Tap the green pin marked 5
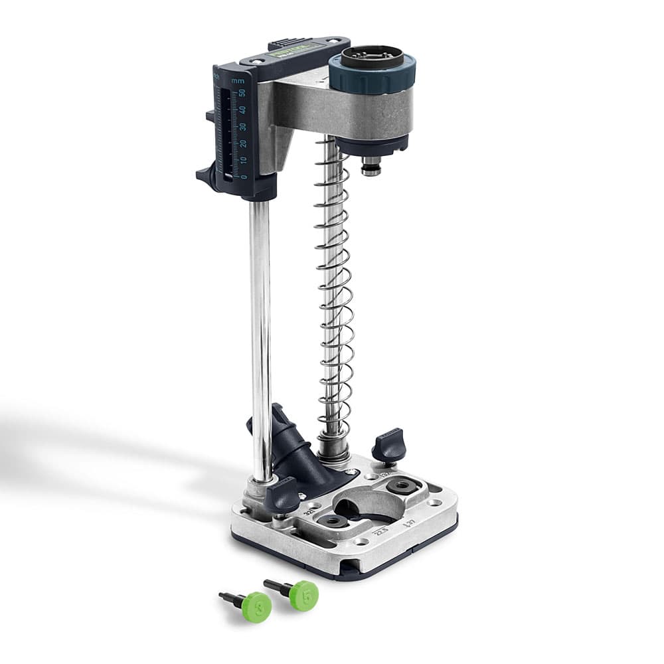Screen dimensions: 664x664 [x=303, y=595]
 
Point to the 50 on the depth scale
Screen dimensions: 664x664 [x=242, y=94]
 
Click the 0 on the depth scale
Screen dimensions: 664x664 [x=244, y=176]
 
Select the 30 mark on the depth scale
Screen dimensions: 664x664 [x=243, y=126]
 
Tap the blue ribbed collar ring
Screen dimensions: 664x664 [x=372, y=79]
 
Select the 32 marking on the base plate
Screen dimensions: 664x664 [x=309, y=513]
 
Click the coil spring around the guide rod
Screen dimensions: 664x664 [x=335, y=299]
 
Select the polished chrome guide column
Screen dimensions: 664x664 [x=260, y=332]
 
